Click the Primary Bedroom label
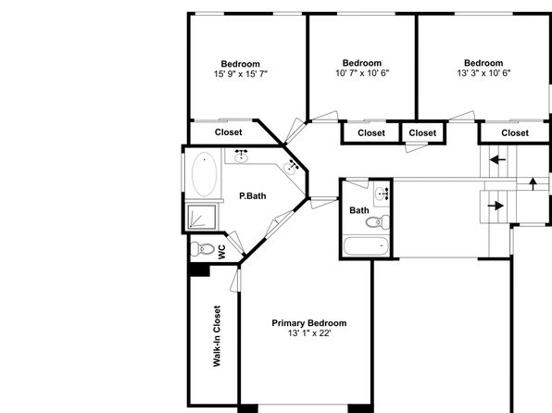tap(309, 323)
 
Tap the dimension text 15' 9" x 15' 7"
tap(241, 74)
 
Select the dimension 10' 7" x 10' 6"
tap(362, 73)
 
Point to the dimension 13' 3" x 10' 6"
tap(483, 73)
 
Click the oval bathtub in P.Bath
tap(204, 174)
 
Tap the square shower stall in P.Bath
tap(202, 217)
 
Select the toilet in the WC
tap(203, 249)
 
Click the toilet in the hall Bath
tap(378, 222)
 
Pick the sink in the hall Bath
tap(382, 194)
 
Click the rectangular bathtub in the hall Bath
tap(366, 246)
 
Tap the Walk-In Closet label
tap(217, 336)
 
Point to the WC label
tap(221, 252)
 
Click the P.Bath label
tap(253, 196)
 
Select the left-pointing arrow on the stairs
tap(497, 160)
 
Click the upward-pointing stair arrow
tap(533, 183)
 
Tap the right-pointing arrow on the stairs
tap(496, 206)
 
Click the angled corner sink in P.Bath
tap(292, 167)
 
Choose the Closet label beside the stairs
tap(515, 133)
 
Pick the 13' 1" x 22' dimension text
tap(309, 333)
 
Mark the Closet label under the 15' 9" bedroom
tap(229, 132)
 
